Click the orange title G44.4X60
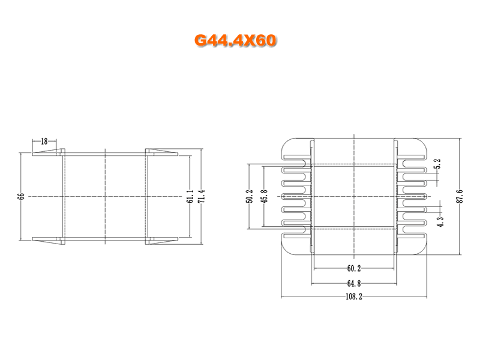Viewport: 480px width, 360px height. (235, 40)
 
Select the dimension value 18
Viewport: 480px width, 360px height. (44, 141)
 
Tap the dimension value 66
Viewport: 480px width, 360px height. (21, 196)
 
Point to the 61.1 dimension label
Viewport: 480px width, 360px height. (190, 196)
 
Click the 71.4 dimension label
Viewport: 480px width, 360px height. (201, 196)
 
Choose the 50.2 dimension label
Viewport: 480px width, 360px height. (250, 196)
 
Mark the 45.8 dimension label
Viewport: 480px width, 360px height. (264, 196)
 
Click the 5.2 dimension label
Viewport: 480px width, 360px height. (438, 164)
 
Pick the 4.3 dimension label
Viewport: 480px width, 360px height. (440, 221)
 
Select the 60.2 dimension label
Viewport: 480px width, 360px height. (354, 268)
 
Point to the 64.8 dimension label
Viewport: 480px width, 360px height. (354, 283)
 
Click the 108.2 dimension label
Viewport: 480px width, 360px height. (354, 296)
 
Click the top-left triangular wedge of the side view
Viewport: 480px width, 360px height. (46, 151)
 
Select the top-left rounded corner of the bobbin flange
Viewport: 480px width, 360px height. (288, 144)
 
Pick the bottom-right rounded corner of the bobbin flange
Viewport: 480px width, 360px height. (420, 248)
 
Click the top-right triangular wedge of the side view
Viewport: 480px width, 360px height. (163, 151)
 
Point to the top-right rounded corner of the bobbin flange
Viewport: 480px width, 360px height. (420, 144)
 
